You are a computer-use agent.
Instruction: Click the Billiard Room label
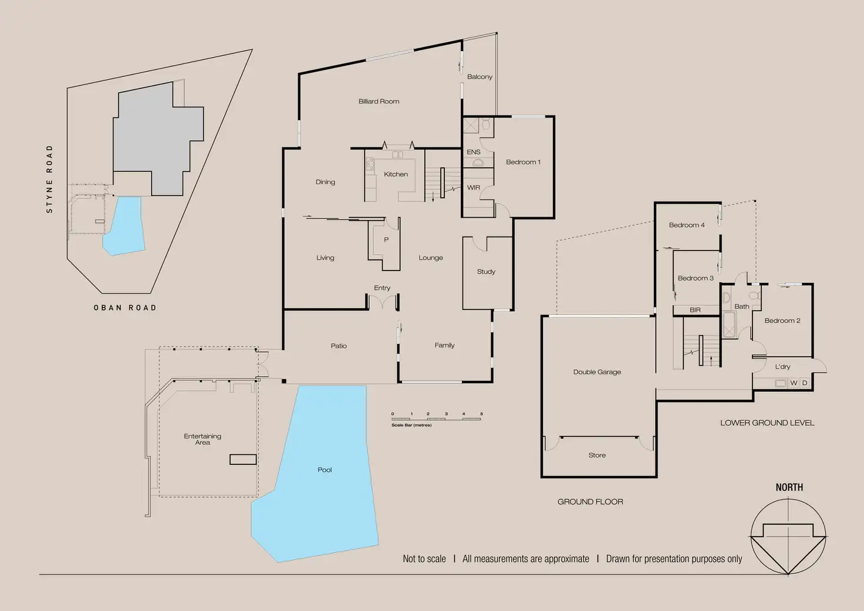379,102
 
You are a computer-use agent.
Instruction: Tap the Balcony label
480,77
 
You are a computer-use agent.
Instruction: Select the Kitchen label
396,174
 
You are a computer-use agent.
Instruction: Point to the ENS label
473,152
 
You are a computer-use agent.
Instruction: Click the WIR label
473,188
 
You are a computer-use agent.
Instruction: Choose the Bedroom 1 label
523,162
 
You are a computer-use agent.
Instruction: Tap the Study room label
486,272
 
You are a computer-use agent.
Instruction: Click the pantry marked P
386,239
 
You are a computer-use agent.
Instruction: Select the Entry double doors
382,302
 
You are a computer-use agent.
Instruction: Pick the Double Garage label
597,372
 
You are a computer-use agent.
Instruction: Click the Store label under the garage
597,455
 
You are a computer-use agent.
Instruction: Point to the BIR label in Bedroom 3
695,310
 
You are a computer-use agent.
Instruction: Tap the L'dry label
782,367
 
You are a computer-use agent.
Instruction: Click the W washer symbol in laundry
794,383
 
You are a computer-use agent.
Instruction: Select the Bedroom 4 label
687,225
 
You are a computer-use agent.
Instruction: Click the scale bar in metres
436,418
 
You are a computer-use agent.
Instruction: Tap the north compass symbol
788,536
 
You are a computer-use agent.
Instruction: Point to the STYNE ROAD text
49,179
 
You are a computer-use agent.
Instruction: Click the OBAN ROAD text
125,308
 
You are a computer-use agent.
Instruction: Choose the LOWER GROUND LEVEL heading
767,423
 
